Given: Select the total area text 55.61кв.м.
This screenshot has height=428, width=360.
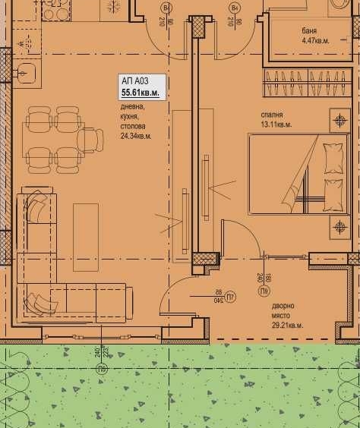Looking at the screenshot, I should pos(141,93).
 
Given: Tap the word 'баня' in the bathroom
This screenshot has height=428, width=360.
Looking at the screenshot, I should pos(308,31).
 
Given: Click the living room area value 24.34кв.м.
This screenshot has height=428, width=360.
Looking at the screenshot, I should pos(136,137).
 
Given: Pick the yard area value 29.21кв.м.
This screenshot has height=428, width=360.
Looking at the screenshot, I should pos(287,325).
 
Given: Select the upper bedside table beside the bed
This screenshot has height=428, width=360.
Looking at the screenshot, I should pos(339,120).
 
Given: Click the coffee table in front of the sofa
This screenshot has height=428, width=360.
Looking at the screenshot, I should pos(86,227).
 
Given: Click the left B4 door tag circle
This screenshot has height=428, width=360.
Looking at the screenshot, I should pos(166,8).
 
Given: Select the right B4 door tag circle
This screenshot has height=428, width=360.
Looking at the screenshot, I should pos(235,8).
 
